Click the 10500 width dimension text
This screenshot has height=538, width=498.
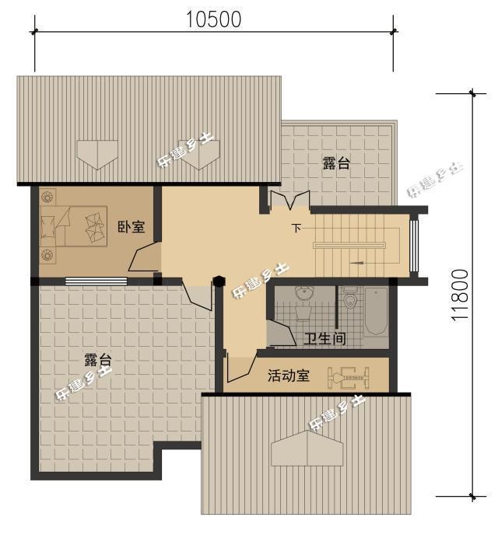pyautogui.click(x=214, y=19)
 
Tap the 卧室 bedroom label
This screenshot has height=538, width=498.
pyautogui.click(x=130, y=226)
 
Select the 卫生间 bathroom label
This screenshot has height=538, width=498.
pyautogui.click(x=324, y=339)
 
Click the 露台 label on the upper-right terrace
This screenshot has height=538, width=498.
pyautogui.click(x=336, y=163)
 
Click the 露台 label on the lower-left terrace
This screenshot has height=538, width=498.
pyautogui.click(x=98, y=360)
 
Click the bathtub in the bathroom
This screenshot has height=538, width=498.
pyautogui.click(x=375, y=312)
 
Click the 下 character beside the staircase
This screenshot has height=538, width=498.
pyautogui.click(x=296, y=228)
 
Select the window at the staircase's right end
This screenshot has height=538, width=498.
pyautogui.click(x=414, y=245)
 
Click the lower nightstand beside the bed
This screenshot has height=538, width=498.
pyautogui.click(x=47, y=253)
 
